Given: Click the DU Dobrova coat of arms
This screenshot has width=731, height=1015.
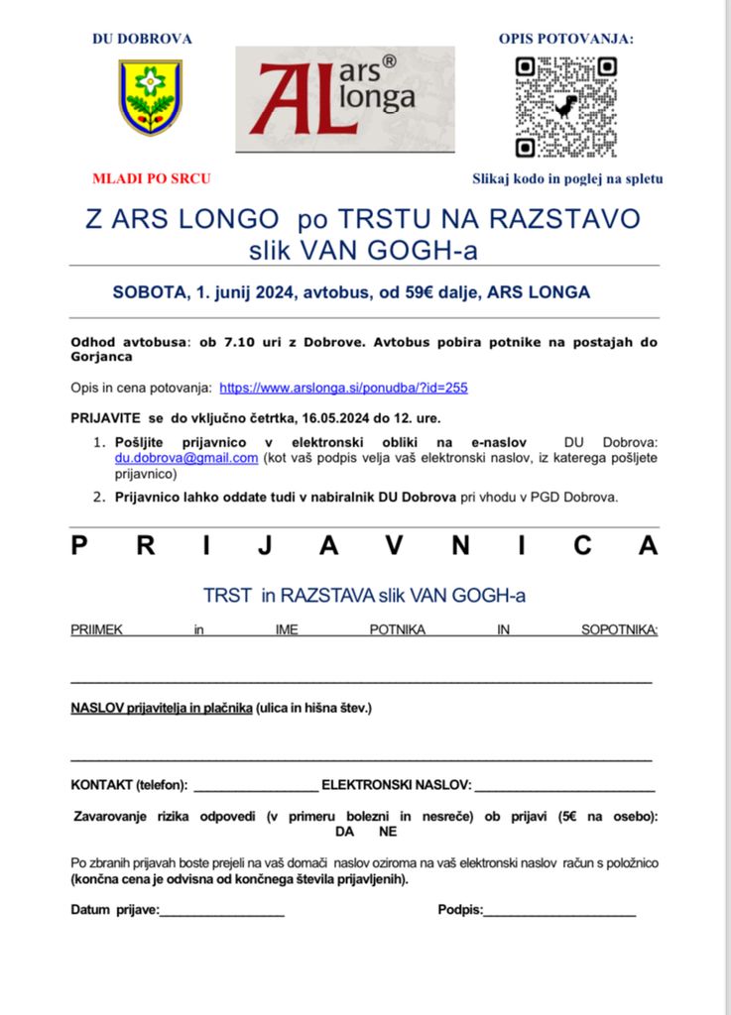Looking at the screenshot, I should tap(150, 97).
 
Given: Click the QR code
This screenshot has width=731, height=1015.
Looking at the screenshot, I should tap(565, 107).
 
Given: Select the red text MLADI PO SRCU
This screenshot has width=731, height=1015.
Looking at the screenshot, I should tap(151, 179).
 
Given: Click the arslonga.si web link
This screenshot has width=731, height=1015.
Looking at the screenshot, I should tap(343, 388).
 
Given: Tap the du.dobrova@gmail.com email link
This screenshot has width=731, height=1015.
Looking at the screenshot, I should tap(186, 458).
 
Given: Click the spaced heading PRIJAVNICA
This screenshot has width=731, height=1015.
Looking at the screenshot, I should tap(364, 546).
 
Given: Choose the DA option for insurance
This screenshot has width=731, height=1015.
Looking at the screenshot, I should tap(344, 832).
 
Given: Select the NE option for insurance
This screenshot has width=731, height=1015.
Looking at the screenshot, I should tap(388, 832).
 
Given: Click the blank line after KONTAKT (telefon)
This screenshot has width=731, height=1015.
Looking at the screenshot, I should tap(255, 787).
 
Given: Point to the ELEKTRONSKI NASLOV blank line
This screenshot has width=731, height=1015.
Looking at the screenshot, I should tap(564, 787).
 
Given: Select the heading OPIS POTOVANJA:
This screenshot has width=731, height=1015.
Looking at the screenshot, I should tap(565, 40).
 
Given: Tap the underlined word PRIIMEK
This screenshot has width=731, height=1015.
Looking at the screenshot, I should tap(96, 629).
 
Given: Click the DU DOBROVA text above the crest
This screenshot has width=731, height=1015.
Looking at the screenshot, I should tap(142, 40).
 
